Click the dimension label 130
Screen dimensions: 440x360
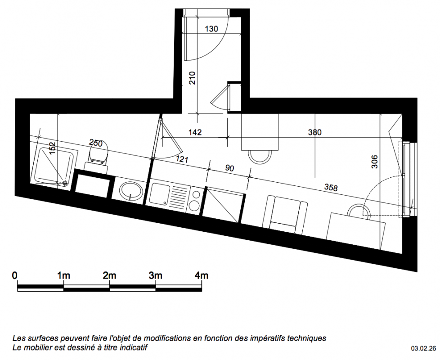click(211, 29)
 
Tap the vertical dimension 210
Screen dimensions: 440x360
click(192, 78)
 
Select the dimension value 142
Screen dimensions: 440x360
click(195, 132)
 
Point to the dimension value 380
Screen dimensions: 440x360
click(314, 132)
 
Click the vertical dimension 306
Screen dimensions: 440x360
click(374, 162)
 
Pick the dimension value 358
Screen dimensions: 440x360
click(331, 187)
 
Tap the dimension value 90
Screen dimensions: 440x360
click(229, 168)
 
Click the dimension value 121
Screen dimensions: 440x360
click(182, 159)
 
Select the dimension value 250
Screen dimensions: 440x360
click(96, 143)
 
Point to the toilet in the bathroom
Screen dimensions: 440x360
click(97, 157)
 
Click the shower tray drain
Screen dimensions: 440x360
click(65, 183)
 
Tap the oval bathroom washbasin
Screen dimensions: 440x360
click(131, 191)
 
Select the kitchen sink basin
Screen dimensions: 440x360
click(159, 193)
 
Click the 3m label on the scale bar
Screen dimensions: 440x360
click(156, 275)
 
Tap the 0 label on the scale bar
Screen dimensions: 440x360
click(15, 275)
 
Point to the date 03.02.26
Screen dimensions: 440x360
click(423, 348)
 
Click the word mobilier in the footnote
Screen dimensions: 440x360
click(40, 347)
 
